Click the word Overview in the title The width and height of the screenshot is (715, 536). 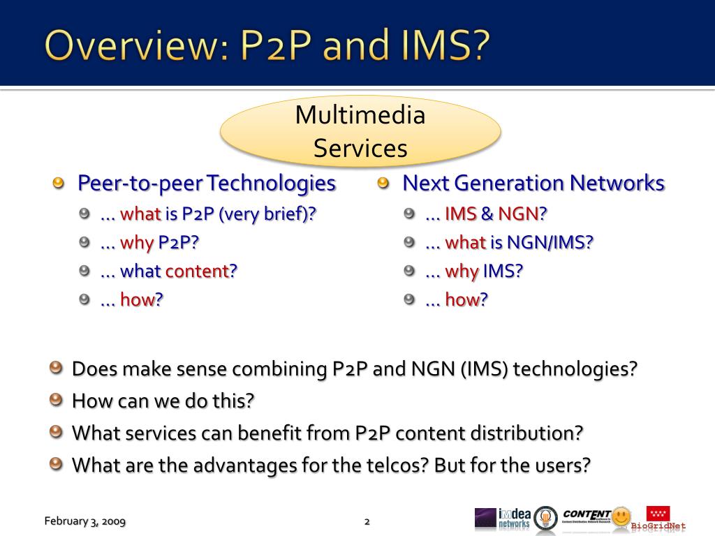coord(136,45)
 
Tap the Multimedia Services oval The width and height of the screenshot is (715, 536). coord(360,131)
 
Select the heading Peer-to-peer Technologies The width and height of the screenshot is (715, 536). coord(207,184)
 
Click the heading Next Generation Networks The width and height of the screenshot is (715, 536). coord(533,184)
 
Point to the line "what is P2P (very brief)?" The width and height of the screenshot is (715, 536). coord(208,214)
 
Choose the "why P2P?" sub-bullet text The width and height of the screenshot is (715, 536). coord(149,242)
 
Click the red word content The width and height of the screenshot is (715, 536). coord(201,271)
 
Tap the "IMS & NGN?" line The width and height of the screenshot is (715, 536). coord(486,214)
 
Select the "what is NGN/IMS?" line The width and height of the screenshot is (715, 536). coord(509,242)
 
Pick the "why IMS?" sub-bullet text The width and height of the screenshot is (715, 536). coord(474,271)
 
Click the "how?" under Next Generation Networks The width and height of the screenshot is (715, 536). coord(457,299)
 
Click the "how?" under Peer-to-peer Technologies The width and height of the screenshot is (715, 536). coord(132,299)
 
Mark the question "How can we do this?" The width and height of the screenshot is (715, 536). coord(163,401)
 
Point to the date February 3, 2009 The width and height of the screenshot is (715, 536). coord(84,521)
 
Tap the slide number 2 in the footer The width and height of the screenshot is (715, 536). coord(367,521)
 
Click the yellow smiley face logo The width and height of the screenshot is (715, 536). coord(621,517)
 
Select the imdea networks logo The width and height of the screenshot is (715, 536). coord(503,519)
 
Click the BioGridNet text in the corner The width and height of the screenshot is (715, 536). coord(658,526)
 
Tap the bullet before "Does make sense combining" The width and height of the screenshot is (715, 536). coord(56,367)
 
